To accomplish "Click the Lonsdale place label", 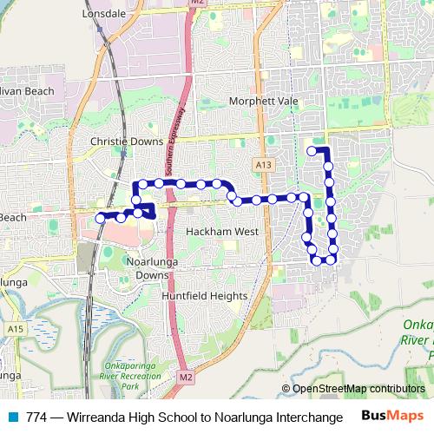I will tap(103, 15).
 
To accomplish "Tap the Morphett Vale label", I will tap(263, 101).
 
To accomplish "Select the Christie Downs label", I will tap(127, 140).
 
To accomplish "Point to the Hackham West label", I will tap(222, 232).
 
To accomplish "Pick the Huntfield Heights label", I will tap(204, 295).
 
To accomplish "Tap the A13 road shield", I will tap(264, 164).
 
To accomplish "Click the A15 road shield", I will tap(15, 329).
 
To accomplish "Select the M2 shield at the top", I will tap(196, 3).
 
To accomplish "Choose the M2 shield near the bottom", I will tap(187, 378).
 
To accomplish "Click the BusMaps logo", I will tap(393, 415).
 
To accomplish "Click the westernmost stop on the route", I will tap(101, 218).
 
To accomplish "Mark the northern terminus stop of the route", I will tap(312, 151).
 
